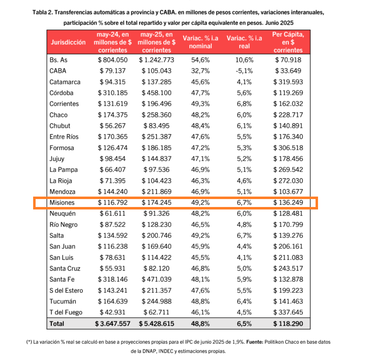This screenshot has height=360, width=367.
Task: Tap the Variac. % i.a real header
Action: [x=243, y=42]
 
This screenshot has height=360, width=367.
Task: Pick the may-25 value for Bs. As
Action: [x=156, y=60]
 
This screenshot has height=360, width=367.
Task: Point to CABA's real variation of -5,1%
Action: [x=243, y=71]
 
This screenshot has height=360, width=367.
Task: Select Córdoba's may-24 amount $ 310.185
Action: [x=113, y=93]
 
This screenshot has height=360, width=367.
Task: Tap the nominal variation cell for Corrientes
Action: [x=197, y=104]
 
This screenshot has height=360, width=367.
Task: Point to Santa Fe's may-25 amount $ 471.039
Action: [x=156, y=279]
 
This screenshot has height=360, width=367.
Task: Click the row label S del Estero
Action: [x=66, y=290]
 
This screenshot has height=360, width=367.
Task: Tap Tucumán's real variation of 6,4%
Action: [x=243, y=301]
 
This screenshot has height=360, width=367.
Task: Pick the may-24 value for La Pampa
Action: [x=114, y=169]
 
